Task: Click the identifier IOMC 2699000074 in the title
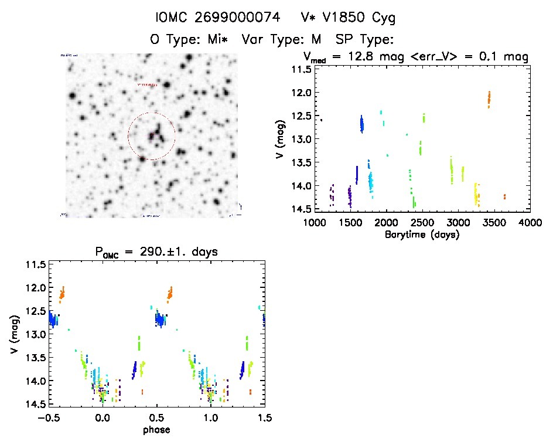[209, 18]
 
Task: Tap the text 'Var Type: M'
[287, 40]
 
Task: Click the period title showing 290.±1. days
[156, 252]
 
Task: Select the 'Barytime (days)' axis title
[422, 235]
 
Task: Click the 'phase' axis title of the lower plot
[156, 430]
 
